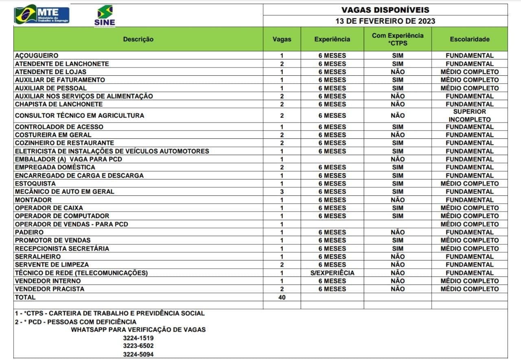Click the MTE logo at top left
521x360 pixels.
coord(42,14)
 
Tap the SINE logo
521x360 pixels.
coord(105,15)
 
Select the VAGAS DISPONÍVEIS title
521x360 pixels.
coord(385,10)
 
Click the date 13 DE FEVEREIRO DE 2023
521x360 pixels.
coord(385,21)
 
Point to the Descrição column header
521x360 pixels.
coord(138,39)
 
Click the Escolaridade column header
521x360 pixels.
coord(469,39)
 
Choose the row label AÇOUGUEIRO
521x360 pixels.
coord(37,55)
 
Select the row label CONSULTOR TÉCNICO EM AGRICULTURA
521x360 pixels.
coord(79,116)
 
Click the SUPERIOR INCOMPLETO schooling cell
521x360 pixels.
coord(469,116)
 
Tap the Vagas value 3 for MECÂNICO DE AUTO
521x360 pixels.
coord(282,192)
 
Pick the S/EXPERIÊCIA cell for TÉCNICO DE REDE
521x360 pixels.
coord(332,273)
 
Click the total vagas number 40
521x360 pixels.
coord(282,297)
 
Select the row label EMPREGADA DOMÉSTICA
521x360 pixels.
coord(55,167)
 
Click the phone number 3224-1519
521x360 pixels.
coord(138,338)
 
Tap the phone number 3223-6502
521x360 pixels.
coord(138,346)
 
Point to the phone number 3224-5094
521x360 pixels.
coord(138,354)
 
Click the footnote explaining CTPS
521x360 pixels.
coord(109,314)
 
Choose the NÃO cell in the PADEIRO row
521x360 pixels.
coord(397,232)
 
